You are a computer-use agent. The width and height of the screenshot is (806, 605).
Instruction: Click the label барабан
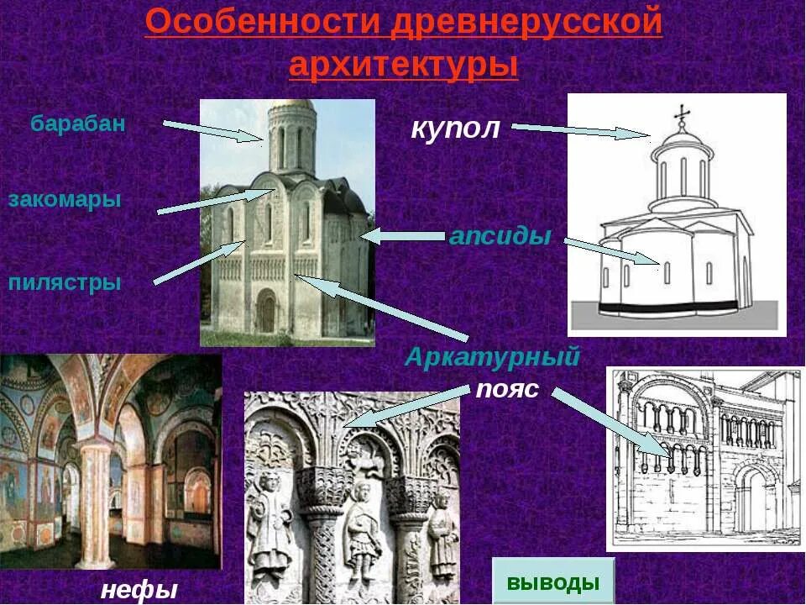pyautogui.click(x=78, y=124)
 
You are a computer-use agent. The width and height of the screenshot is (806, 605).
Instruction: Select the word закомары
pyautogui.click(x=65, y=199)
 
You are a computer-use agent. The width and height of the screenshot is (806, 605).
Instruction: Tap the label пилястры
pyautogui.click(x=65, y=282)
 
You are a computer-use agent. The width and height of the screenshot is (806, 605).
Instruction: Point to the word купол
pyautogui.click(x=456, y=129)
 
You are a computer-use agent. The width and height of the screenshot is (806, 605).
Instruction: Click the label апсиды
pyautogui.click(x=500, y=236)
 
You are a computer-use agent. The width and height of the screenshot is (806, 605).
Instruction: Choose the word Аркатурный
pyautogui.click(x=492, y=357)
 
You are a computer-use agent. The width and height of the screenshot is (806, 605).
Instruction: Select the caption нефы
pyautogui.click(x=139, y=589)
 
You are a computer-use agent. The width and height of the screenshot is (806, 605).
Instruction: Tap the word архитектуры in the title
pyautogui.click(x=404, y=65)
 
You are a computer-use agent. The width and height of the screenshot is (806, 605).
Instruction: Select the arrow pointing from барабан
pyautogui.click(x=213, y=130)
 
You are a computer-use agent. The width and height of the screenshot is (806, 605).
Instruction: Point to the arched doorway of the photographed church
pyautogui.click(x=266, y=311)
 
